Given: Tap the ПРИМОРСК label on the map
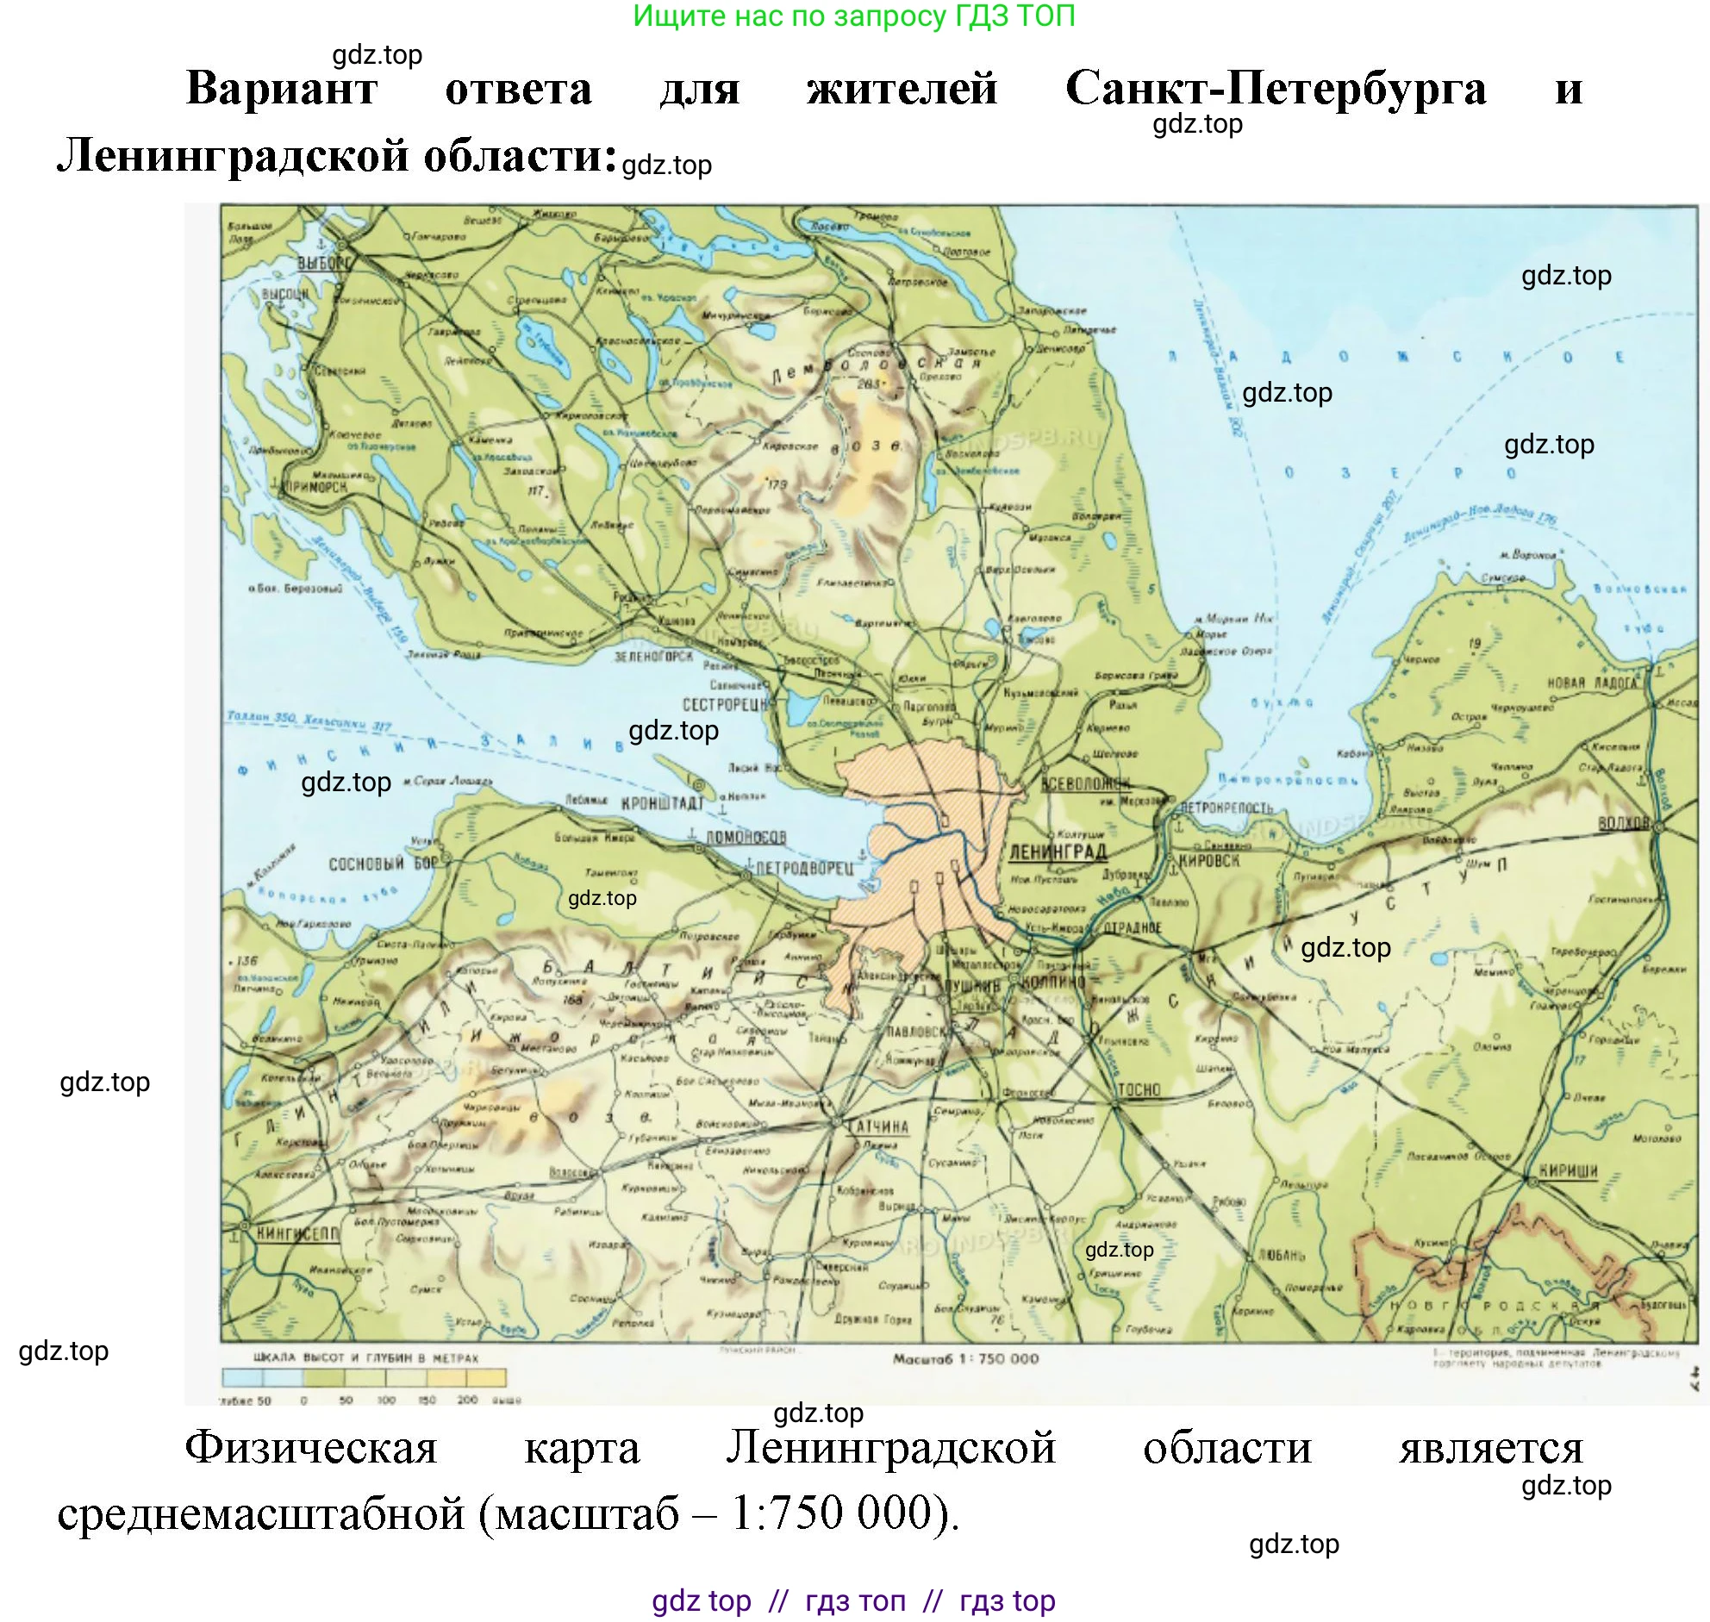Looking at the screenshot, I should [x=315, y=487].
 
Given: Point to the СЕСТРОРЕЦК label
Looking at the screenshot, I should [x=726, y=705].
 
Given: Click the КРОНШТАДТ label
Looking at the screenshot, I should [x=662, y=804].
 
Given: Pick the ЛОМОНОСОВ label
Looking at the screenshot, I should [x=746, y=837].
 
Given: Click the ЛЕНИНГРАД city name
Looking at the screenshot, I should [x=1058, y=852].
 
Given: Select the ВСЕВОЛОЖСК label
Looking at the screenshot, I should [x=1086, y=783].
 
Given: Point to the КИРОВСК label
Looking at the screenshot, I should [x=1208, y=860].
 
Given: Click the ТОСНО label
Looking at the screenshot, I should [x=1139, y=1089].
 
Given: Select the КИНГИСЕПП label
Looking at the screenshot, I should [x=296, y=1234].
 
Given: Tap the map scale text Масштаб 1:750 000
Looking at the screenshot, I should [x=965, y=1358].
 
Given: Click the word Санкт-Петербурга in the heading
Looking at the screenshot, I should [x=1275, y=87].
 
